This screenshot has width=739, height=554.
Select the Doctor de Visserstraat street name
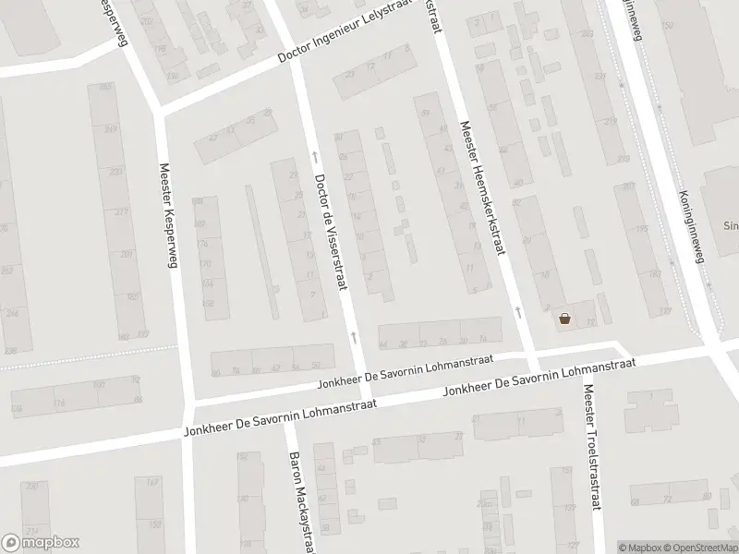tap(331, 233)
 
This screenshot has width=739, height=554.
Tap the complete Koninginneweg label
tap(687, 226)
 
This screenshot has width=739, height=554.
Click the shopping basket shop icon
tap(564, 319)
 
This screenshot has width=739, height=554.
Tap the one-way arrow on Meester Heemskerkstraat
tap(518, 312)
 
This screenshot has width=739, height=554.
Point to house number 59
tap(425, 114)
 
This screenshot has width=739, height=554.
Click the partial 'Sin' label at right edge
tap(729, 223)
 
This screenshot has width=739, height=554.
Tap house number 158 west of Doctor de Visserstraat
tap(208, 303)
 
